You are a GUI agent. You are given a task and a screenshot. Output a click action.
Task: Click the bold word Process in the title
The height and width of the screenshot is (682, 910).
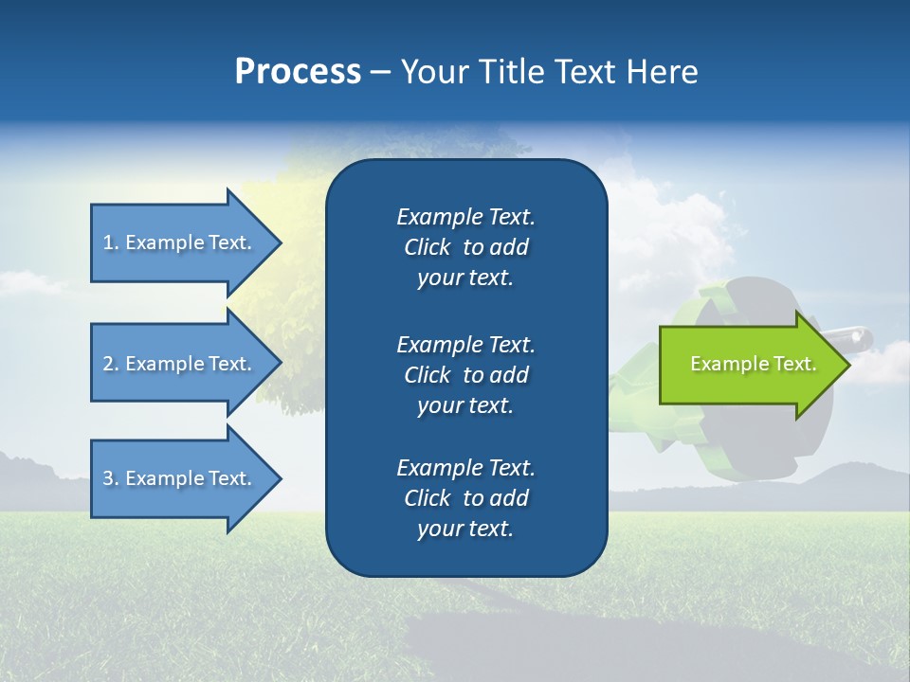click(298, 72)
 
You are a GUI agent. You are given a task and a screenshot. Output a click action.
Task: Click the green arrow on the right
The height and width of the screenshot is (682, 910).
click(749, 365)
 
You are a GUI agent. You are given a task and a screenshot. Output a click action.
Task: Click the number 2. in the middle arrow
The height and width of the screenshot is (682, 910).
click(111, 364)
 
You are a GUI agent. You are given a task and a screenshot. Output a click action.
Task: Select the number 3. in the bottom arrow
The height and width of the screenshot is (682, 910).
click(111, 478)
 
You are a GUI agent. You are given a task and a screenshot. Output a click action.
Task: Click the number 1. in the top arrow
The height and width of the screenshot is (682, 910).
click(111, 242)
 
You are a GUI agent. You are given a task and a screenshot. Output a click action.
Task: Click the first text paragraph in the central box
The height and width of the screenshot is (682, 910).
click(465, 247)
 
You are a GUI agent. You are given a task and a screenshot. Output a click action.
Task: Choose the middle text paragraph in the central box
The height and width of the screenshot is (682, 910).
click(465, 375)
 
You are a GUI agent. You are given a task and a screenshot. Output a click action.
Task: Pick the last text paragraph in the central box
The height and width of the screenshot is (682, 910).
click(465, 498)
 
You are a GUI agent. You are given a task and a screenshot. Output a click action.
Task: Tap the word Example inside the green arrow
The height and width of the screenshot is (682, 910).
click(722, 364)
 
